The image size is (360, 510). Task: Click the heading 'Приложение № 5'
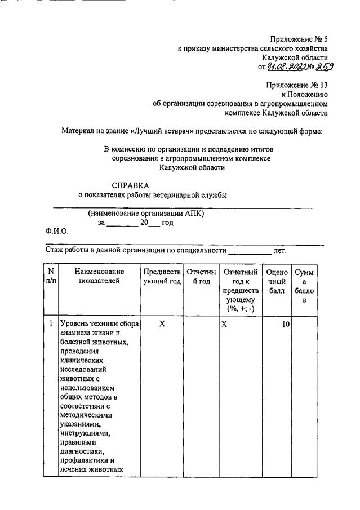coord(299,39)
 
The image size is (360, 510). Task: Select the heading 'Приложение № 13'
coord(297,85)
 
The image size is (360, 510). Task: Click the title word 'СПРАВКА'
coord(131,185)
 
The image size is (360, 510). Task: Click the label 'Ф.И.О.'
coord(56,231)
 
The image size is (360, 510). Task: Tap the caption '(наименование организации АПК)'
coord(146,214)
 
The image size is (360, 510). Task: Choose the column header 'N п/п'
coord(51,276)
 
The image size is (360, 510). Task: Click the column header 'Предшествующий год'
coord(162,276)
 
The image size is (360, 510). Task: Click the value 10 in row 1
coord(285,324)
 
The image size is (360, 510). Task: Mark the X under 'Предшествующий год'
coord(162,324)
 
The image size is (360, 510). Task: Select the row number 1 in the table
coord(51,324)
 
